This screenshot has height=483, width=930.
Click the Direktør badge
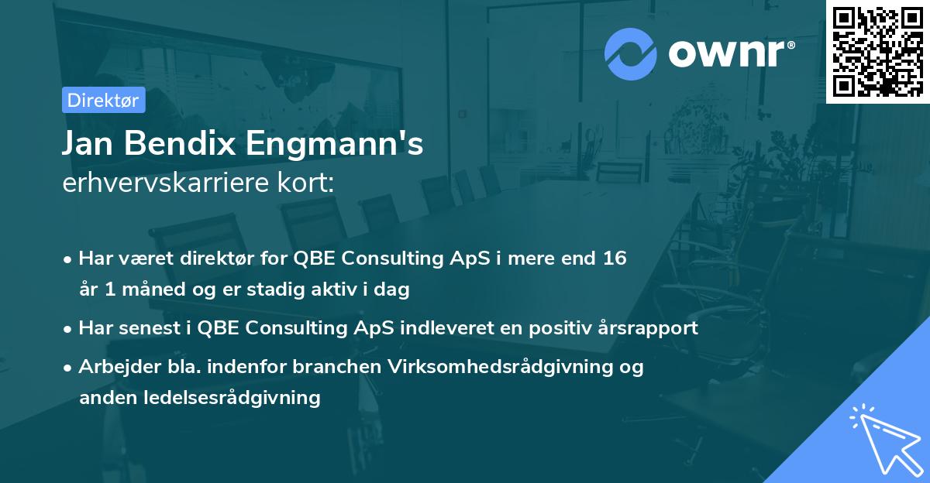[x=102, y=100]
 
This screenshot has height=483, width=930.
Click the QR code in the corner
[x=877, y=51]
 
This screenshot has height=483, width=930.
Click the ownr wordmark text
[x=729, y=53]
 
